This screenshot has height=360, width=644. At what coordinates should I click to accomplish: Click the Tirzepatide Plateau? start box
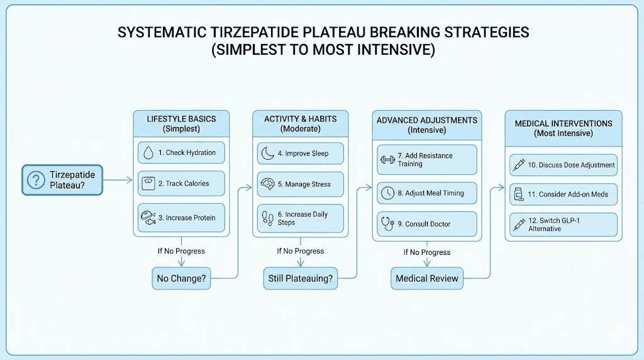[62, 179]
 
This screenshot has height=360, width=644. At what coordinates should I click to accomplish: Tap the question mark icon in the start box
[35, 179]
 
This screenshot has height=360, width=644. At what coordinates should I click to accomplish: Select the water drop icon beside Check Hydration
[148, 153]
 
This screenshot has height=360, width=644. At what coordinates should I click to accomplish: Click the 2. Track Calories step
[181, 184]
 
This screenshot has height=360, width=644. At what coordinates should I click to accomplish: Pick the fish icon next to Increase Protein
[148, 218]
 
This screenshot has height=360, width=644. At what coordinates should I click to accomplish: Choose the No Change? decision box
[181, 278]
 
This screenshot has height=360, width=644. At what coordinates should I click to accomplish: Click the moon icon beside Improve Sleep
[267, 154]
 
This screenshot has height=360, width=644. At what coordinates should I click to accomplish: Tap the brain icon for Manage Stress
[267, 184]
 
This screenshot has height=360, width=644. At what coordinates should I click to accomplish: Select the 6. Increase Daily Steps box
[301, 218]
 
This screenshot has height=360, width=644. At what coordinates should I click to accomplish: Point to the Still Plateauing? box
[301, 278]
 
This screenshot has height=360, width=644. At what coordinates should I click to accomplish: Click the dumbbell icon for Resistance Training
[386, 159]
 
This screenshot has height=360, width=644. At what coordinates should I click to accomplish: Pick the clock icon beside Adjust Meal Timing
[387, 193]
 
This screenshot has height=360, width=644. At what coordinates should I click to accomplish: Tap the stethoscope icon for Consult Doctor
[387, 223]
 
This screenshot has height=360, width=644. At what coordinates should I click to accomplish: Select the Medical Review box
[427, 278]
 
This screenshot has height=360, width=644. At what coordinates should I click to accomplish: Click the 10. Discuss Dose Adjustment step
[563, 165]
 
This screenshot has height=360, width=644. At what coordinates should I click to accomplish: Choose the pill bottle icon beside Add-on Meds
[518, 194]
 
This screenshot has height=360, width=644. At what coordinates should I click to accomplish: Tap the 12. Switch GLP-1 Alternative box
[563, 225]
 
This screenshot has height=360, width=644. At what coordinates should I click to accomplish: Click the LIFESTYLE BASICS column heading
[181, 120]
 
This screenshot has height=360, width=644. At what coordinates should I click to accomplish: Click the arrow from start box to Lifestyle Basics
[118, 180]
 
